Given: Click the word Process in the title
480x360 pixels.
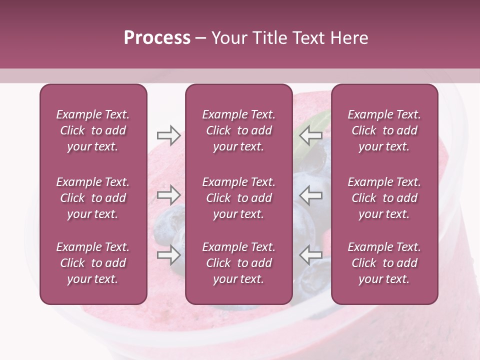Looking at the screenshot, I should [157, 38].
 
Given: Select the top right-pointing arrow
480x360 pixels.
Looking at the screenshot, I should [168, 135].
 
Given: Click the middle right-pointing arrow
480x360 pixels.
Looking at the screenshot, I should [168, 195].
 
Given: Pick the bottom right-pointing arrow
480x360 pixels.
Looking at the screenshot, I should [168, 255].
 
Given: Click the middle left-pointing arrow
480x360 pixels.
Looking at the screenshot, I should [311, 195].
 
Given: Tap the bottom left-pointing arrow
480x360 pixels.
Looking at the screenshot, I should [311, 255].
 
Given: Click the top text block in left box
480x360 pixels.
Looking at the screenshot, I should [93, 130].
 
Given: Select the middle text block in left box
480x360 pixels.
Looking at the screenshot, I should [93, 198].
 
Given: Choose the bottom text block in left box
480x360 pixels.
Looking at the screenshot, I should [93, 263].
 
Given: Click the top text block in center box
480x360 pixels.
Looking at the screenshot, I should [238, 130].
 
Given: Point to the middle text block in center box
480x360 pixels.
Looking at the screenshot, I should [238, 198].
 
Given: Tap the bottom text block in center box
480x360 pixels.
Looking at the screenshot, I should [238, 263].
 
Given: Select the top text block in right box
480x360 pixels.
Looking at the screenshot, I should [384, 130].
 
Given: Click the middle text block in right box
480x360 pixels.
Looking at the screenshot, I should [384, 198].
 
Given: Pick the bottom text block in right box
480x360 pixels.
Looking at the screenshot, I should [384, 263].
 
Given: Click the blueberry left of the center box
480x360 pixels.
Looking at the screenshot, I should [167, 225].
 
